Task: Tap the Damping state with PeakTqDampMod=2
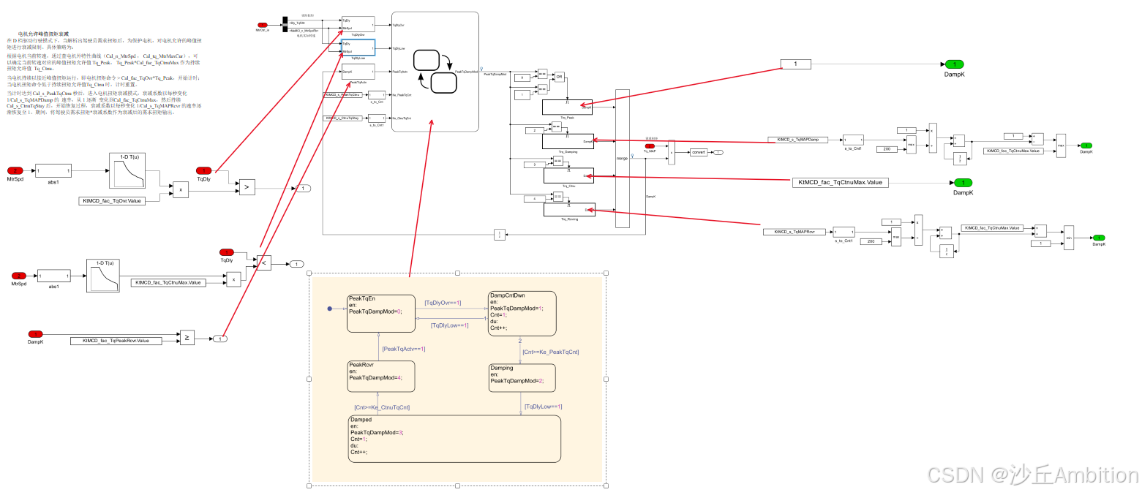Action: [x=522, y=377]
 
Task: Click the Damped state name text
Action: [x=361, y=420]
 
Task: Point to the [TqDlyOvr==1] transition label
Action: [x=443, y=302]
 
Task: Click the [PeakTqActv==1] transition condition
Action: [x=403, y=349]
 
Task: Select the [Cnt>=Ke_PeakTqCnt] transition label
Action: [x=550, y=352]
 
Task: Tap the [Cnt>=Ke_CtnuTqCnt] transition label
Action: [x=382, y=407]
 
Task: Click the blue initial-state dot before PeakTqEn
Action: [x=330, y=309]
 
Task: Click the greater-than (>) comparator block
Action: [x=247, y=187]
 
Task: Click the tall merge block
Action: [x=622, y=157]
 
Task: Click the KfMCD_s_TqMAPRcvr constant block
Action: [x=794, y=232]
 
